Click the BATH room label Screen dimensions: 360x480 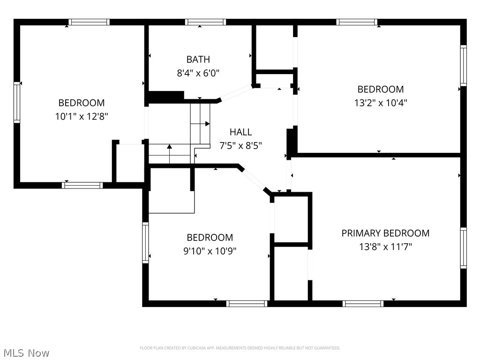point(198,60)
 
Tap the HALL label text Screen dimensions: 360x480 point(240,132)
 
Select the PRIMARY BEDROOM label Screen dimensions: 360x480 point(385,233)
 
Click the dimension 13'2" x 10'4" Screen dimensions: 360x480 point(381,103)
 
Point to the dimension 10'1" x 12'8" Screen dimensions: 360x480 point(82,116)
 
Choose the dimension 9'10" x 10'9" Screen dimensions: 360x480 point(210,251)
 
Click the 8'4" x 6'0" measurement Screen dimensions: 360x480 point(198,73)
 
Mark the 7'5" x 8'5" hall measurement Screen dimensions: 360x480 point(240,146)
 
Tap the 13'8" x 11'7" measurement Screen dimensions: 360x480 point(385,247)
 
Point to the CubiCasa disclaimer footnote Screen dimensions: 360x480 point(240,348)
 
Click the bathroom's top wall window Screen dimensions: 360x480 point(205,22)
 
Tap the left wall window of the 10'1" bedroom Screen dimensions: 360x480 point(17,102)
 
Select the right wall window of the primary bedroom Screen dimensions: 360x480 point(463,247)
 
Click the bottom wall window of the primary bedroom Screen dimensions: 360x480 point(363,303)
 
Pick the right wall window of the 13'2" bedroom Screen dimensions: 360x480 point(463,66)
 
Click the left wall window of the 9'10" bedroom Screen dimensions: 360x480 point(145,242)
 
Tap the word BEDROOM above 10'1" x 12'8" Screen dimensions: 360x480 point(82,103)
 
